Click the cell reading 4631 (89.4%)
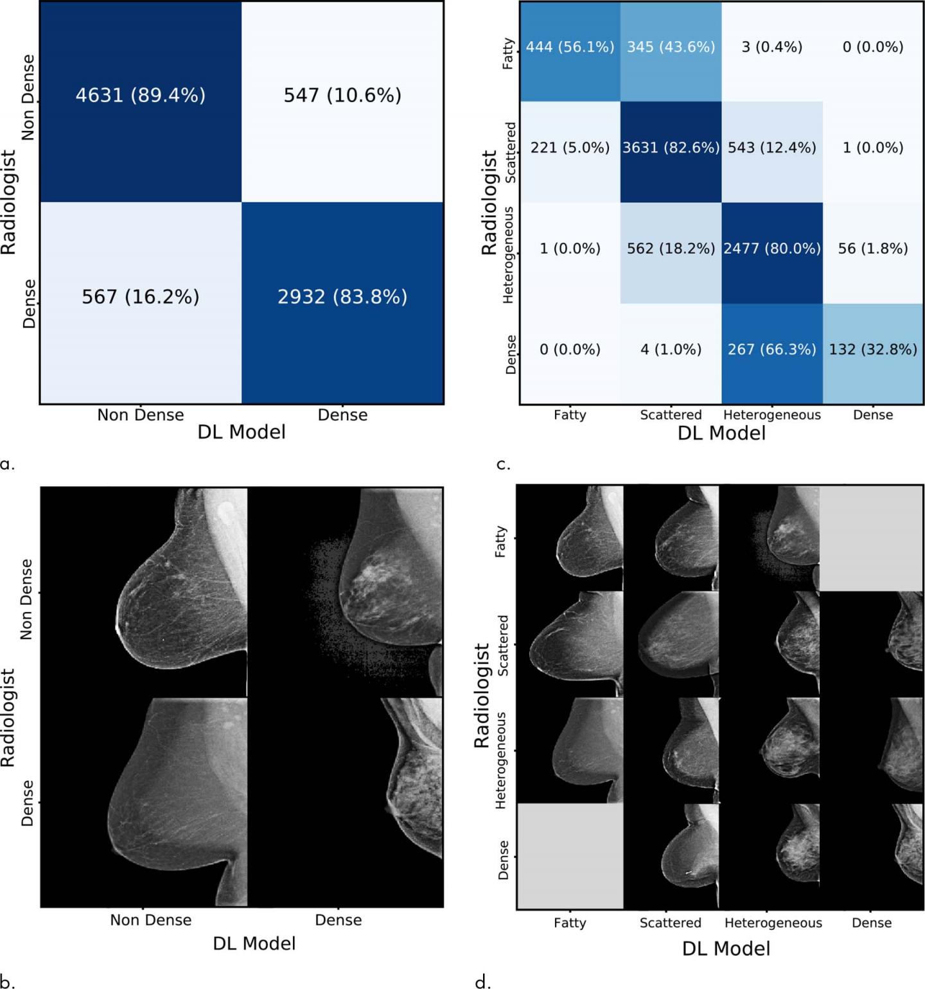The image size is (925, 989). [141, 95]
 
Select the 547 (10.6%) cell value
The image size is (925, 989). [342, 95]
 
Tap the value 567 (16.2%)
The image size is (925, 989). [141, 297]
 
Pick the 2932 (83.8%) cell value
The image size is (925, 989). [342, 297]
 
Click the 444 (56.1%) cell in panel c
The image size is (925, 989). [570, 47]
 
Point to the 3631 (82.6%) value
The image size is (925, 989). [671, 148]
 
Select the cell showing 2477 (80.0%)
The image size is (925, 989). [772, 249]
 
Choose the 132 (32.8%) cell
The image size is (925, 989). [873, 349]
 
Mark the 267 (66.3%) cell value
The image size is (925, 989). [772, 349]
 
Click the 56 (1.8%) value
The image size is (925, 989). [873, 249]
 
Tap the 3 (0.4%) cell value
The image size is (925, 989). [772, 47]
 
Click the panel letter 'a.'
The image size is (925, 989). [7, 464]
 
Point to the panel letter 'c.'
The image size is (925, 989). [504, 464]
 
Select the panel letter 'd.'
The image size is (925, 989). [483, 981]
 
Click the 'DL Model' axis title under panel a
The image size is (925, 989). [242, 432]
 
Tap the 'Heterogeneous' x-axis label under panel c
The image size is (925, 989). [772, 415]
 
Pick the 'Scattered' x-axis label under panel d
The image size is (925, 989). [670, 923]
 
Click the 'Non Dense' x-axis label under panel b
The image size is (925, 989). [151, 920]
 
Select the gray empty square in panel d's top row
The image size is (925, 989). [872, 538]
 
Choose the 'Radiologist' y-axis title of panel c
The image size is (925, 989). [489, 202]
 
